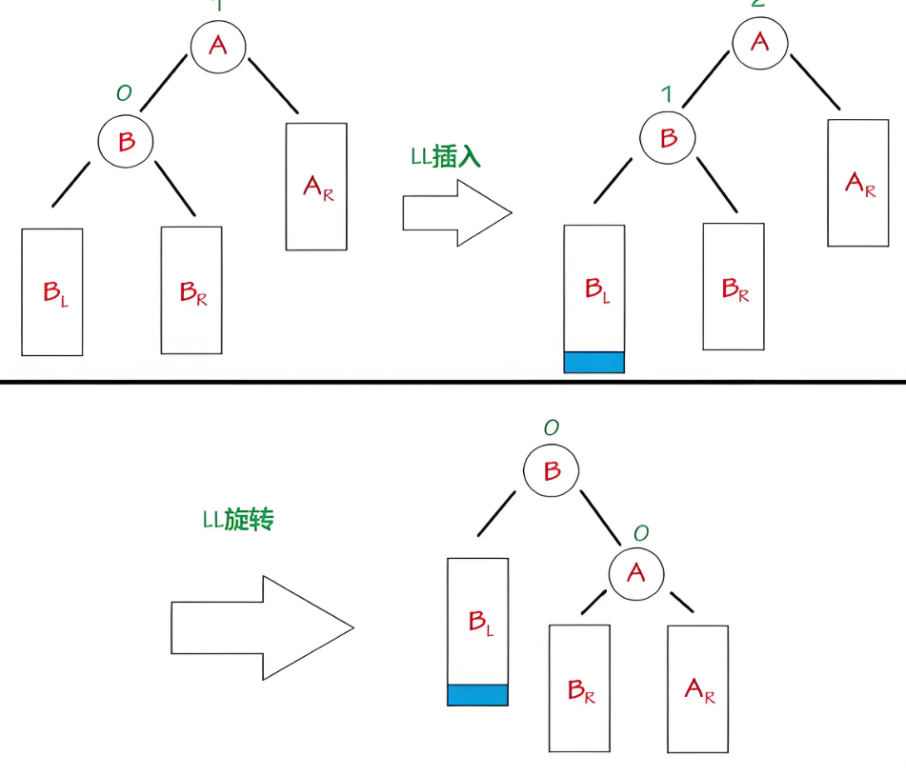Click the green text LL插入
tap(446, 157)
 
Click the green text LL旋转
tap(238, 520)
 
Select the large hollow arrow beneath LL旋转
tap(262, 627)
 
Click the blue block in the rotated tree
tap(477, 694)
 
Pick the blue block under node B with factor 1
tap(594, 362)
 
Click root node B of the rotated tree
tap(552, 471)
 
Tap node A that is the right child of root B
tap(636, 573)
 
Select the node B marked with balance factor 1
tap(669, 139)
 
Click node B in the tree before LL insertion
tap(126, 142)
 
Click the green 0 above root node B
tap(551, 427)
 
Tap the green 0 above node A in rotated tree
tap(640, 533)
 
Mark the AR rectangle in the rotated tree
tap(697, 688)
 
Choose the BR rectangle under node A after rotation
tap(579, 688)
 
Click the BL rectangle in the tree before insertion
tap(51, 291)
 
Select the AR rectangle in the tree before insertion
tap(316, 187)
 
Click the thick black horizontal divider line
tap(453, 383)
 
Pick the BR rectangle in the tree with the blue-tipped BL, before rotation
tap(733, 286)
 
